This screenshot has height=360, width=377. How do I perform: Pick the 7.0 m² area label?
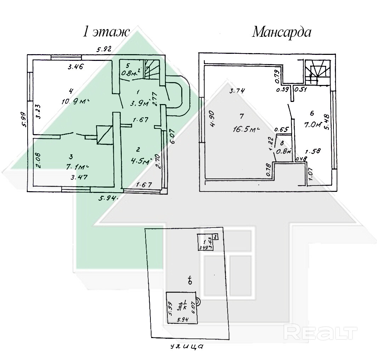(x=313, y=125)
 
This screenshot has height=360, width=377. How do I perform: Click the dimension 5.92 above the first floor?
(x=104, y=50)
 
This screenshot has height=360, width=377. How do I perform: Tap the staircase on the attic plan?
(x=317, y=72)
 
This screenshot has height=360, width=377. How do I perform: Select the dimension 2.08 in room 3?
(x=39, y=160)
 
